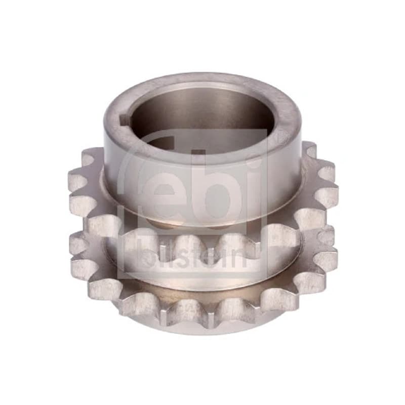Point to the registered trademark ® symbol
tap(281, 134)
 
